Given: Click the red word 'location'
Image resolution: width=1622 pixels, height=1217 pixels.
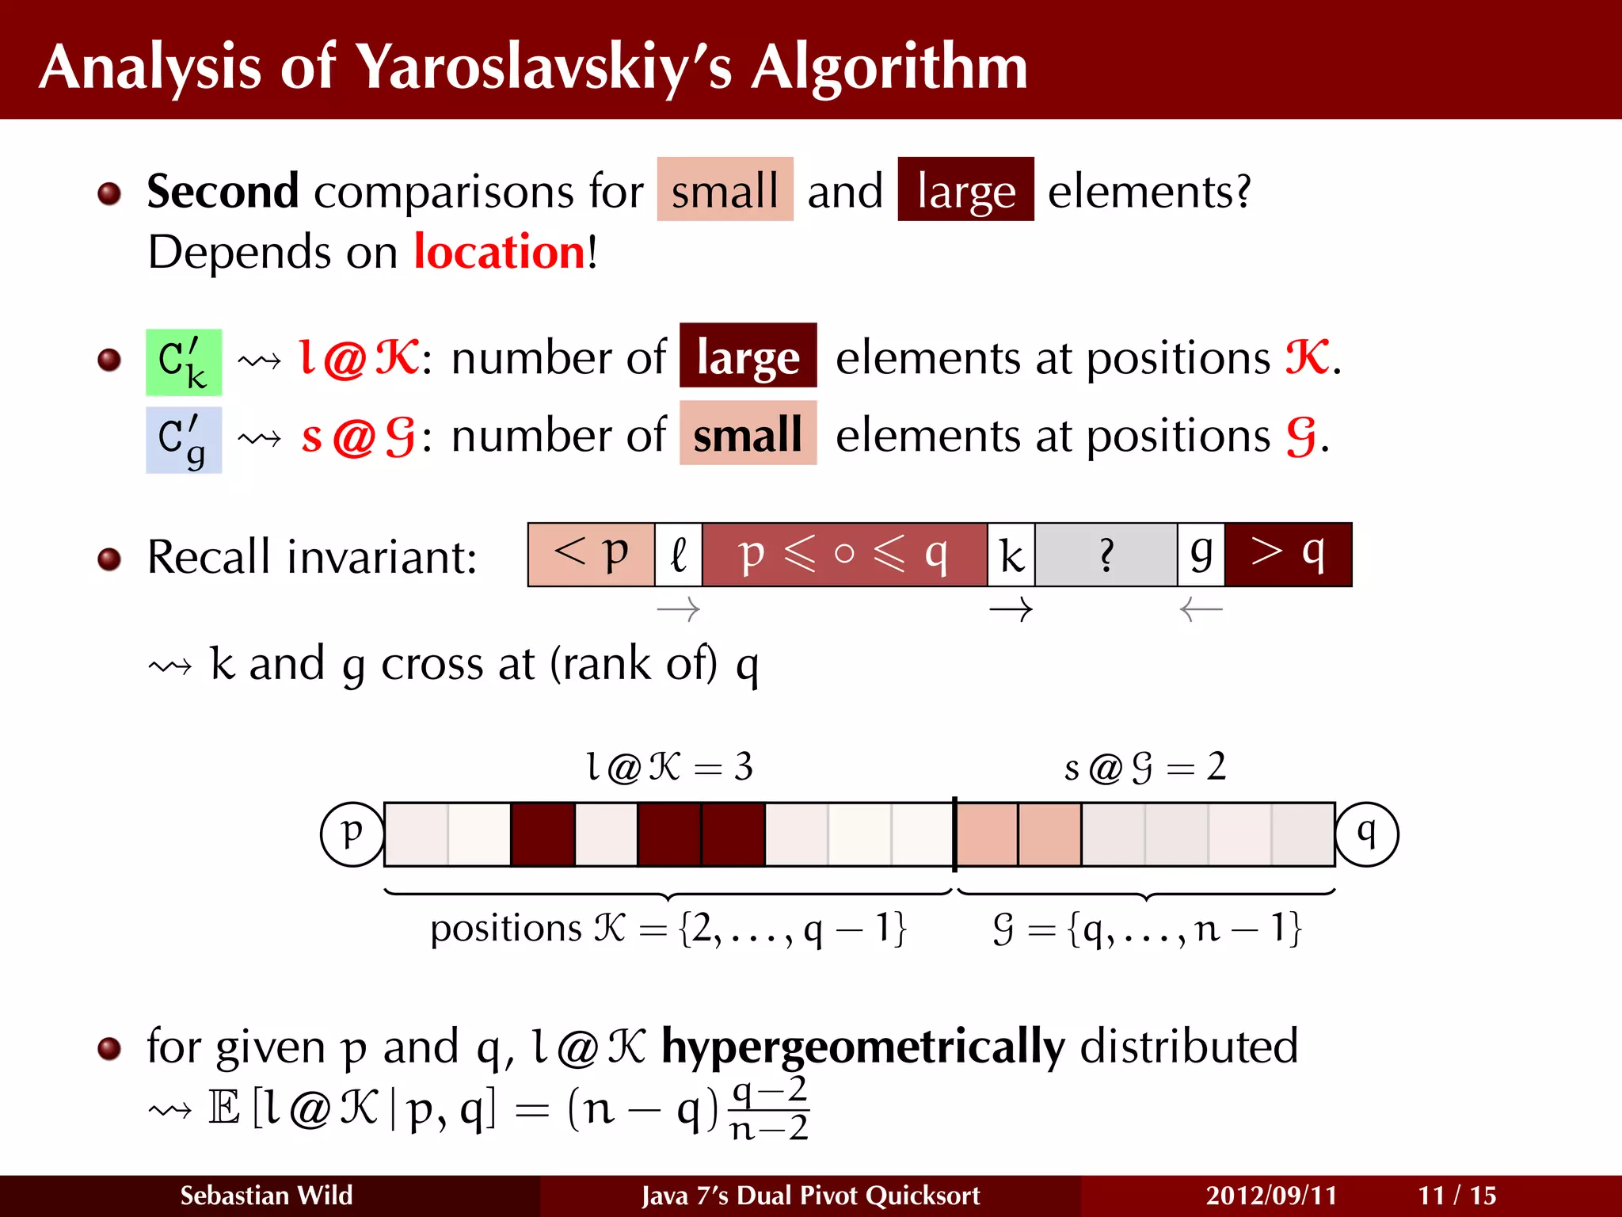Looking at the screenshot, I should [x=500, y=253].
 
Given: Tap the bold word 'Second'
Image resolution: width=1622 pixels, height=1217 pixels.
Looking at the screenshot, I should [x=223, y=192].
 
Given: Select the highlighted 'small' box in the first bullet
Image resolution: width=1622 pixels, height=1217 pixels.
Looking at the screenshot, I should [x=725, y=190].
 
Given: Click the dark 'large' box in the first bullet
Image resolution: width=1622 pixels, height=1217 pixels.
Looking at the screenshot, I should [x=965, y=190].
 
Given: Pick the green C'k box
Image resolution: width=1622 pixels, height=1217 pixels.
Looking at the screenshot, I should [x=184, y=362].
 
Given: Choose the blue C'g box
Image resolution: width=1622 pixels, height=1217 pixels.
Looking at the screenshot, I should [x=184, y=440].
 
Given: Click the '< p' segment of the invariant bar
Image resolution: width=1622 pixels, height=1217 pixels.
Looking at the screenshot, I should [x=591, y=554].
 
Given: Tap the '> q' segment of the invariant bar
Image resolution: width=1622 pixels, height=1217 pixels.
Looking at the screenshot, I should [x=1288, y=554].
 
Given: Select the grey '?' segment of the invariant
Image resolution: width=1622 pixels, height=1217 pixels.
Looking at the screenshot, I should [x=1106, y=555].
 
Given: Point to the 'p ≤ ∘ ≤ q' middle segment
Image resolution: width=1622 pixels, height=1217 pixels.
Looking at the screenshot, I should [x=844, y=554].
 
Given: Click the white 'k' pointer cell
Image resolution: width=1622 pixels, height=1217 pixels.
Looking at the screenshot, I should [x=1011, y=555].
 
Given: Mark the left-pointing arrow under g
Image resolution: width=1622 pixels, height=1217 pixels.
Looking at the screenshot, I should [x=1201, y=609].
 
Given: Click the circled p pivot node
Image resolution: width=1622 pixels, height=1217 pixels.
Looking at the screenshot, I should [x=352, y=834].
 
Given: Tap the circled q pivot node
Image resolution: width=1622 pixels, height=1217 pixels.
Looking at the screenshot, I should [x=1366, y=834].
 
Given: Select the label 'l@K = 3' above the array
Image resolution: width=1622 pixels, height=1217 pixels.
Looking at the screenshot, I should [x=669, y=766].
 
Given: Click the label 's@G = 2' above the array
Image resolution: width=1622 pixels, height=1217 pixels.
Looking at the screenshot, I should [x=1144, y=766].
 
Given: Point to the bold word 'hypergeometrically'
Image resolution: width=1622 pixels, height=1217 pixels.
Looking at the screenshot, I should [x=863, y=1047].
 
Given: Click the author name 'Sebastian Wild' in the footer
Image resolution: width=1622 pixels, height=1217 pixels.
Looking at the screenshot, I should [x=266, y=1195].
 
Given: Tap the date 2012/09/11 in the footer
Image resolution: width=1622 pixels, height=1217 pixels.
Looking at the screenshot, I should [x=1271, y=1195].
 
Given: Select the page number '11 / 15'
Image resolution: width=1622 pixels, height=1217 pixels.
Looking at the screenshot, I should [x=1456, y=1195].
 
